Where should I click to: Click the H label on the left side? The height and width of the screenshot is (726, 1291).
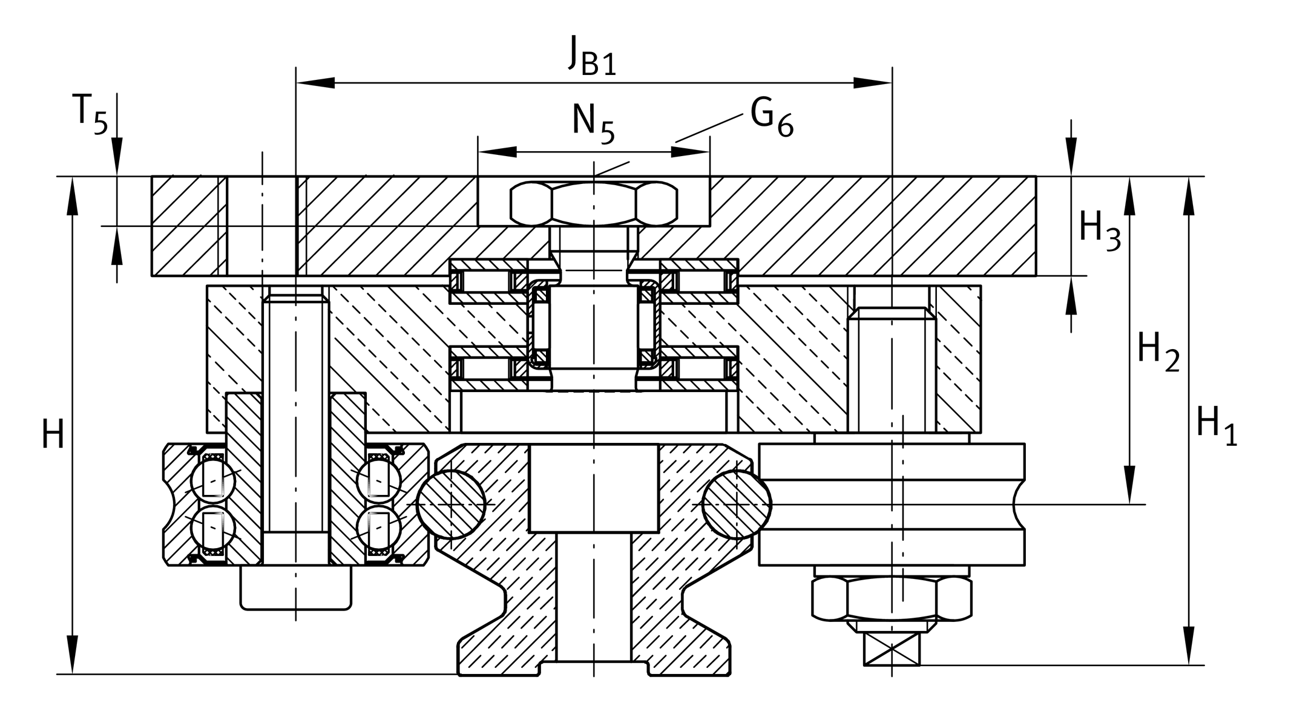[x=53, y=435]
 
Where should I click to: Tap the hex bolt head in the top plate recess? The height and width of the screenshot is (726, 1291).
[x=594, y=203]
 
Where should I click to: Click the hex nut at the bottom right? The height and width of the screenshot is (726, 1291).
[x=892, y=598]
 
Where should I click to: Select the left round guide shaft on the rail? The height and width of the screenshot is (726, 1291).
[x=452, y=504]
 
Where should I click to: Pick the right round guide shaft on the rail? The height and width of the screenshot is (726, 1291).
[x=737, y=504]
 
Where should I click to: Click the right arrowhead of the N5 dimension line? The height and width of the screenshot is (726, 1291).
[x=690, y=152]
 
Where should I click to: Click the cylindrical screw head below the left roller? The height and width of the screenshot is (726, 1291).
[x=295, y=587]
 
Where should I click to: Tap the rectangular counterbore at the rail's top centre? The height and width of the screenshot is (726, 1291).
[x=593, y=488]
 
